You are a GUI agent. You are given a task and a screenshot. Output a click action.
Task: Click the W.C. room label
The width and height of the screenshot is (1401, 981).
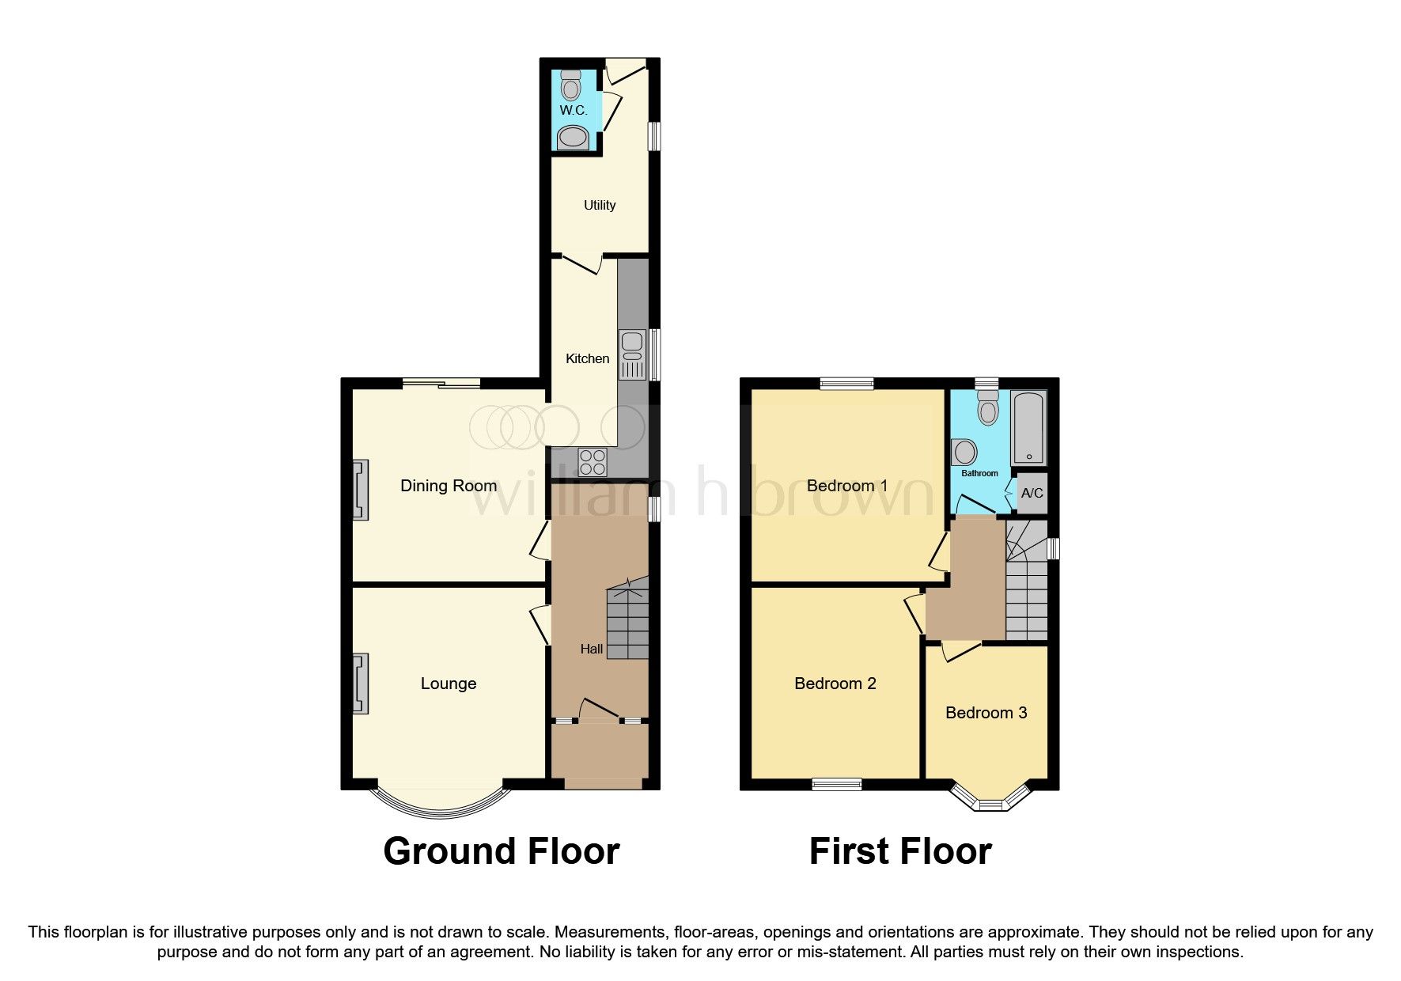(x=573, y=110)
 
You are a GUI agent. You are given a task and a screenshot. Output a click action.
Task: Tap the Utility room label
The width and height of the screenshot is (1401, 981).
(x=599, y=205)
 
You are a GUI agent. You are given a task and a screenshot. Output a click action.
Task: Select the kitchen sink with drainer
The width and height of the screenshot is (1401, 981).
(x=633, y=355)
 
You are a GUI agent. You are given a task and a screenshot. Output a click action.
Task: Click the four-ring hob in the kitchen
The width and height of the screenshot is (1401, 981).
(x=593, y=462)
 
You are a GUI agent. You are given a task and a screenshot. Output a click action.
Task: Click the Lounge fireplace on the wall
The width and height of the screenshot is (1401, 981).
(x=361, y=684)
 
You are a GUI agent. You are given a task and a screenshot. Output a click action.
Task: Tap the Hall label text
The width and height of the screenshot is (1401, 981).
(x=591, y=649)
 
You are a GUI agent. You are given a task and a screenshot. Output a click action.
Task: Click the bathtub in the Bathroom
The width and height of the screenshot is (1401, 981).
(x=1028, y=427)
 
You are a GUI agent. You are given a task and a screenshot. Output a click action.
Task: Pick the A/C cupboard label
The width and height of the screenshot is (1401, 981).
(x=1032, y=493)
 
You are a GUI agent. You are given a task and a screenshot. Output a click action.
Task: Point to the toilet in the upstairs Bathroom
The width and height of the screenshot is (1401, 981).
(x=987, y=408)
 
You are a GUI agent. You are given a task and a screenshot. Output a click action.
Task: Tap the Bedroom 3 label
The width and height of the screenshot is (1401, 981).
(x=986, y=713)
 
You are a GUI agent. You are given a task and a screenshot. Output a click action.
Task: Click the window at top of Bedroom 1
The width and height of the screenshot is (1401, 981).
(x=846, y=384)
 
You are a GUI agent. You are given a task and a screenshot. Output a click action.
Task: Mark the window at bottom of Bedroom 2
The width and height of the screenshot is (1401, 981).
(x=836, y=784)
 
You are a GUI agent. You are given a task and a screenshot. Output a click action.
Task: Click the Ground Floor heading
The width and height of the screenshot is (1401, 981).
(x=501, y=851)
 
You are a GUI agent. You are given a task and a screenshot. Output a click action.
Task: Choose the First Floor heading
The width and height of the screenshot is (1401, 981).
(x=899, y=851)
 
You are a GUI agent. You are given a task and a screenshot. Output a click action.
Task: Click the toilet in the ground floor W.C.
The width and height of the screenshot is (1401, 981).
(x=571, y=82)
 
